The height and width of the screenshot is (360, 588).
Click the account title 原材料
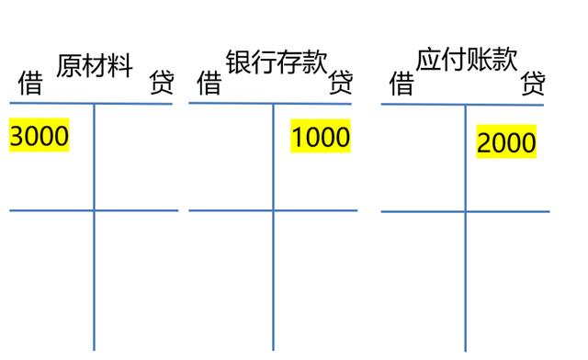pos(96,67)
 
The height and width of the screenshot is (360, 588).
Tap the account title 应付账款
pos(466,62)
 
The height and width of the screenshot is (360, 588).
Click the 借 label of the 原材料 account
pos(30,85)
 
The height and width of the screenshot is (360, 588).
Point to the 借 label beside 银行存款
pos(209,85)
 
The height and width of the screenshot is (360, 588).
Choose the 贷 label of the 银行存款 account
pos(341,84)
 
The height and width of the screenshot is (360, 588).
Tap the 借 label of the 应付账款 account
pos(401,85)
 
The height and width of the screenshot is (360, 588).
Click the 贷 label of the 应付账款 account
pos(533,85)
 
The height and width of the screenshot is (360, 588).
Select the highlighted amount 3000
pos(40,136)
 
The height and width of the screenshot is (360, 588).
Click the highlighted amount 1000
pos(321,137)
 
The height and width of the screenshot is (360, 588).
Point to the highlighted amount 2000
pos(506,142)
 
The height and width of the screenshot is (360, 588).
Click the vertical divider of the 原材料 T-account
pos(94,230)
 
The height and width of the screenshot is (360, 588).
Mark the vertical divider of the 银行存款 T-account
pos(274,230)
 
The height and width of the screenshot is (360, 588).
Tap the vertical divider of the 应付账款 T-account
pos(465,230)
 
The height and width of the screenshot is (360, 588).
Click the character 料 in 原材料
pos(121,67)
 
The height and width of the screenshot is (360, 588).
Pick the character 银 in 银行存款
pos(238,63)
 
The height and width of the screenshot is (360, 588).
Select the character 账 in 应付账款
pos(479,62)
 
